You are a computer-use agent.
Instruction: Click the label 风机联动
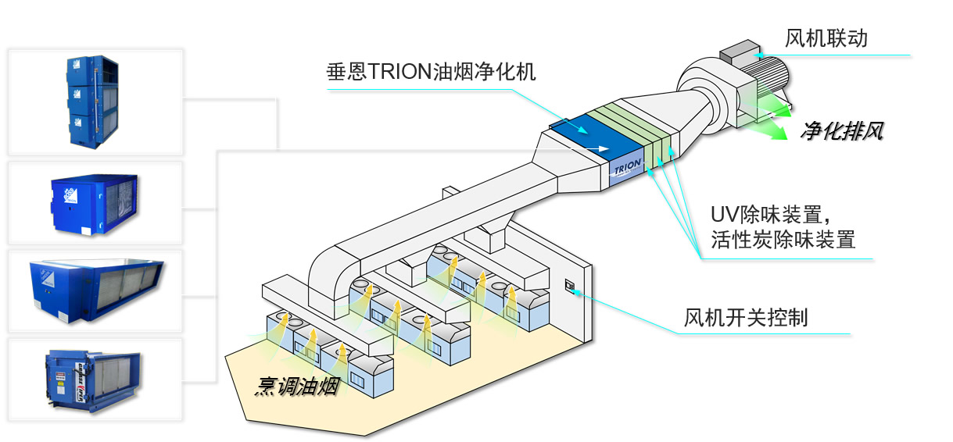point(826,38)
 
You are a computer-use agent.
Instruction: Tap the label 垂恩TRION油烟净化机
point(431,73)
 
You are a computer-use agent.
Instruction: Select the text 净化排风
point(841,131)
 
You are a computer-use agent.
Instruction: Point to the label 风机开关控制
point(745,318)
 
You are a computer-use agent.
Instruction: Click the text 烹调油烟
point(297,387)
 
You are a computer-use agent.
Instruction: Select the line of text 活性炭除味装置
point(783,240)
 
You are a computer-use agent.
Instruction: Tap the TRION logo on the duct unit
point(628,168)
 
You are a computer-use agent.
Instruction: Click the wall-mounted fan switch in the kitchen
point(569,288)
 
